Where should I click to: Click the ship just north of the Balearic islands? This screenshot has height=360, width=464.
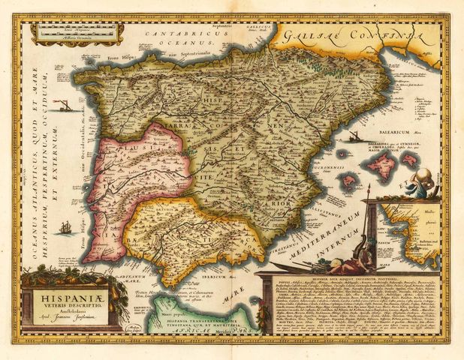[351, 137]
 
